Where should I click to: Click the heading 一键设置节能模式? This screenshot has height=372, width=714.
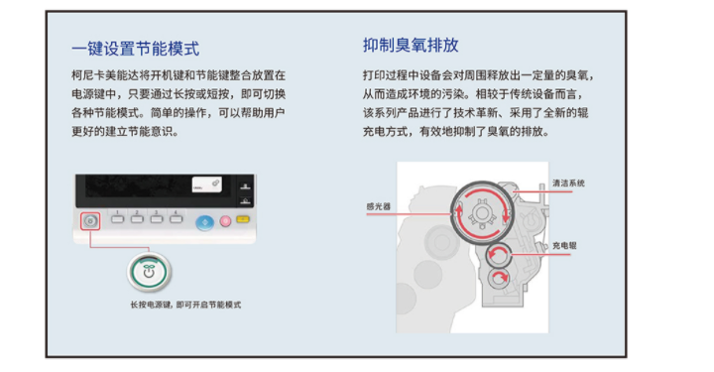(x=135, y=49)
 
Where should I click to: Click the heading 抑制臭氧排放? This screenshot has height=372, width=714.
(x=411, y=45)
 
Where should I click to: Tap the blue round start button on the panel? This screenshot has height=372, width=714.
(x=205, y=222)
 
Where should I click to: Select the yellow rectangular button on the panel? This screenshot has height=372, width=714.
(x=243, y=219)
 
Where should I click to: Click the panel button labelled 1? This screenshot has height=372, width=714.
(x=117, y=219)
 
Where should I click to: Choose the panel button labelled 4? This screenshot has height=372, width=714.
(x=176, y=219)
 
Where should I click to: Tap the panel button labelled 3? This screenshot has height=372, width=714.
(x=157, y=219)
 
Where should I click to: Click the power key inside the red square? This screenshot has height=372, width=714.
(x=90, y=221)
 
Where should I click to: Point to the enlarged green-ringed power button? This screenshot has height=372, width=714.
(x=149, y=272)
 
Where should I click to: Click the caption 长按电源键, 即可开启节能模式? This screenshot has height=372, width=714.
(x=185, y=305)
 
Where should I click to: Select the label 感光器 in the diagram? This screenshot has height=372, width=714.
(x=379, y=206)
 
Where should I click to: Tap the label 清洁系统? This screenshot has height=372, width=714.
(x=568, y=184)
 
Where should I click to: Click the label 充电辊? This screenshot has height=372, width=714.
(x=564, y=245)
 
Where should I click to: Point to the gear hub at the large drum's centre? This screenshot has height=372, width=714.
(x=482, y=213)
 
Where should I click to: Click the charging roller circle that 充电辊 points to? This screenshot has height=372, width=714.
(x=498, y=255)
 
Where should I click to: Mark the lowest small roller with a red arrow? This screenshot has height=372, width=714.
(x=499, y=278)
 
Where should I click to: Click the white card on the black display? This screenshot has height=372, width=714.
(x=206, y=184)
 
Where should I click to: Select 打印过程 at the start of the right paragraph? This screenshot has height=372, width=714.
(x=385, y=75)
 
